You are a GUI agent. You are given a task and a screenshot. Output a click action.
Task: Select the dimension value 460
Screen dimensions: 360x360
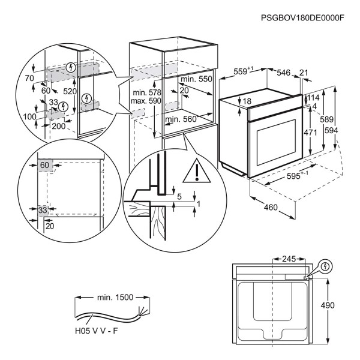pos(271,208)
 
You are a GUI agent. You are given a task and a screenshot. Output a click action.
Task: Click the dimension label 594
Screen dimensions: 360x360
pos(344,131)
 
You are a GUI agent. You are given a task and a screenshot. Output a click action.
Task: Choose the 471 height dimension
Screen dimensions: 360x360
pos(309,133)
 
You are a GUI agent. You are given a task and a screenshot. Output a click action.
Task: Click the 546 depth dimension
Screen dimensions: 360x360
pos(283,73)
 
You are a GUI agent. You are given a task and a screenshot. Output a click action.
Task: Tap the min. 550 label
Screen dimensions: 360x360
pos(197,79)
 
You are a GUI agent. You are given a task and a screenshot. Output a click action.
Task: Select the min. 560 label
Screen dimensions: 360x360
pos(181,119)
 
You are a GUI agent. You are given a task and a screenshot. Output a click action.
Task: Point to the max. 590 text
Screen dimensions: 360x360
pos(146,101)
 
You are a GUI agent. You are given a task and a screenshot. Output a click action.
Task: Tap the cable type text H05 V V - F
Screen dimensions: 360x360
pos(98,329)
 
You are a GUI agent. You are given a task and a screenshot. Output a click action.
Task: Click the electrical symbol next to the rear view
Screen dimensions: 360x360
pos(326,266)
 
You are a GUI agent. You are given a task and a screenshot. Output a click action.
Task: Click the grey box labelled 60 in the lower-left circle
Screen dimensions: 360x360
pos(44,165)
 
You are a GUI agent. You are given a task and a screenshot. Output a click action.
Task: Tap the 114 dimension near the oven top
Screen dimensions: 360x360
pos(314,97)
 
